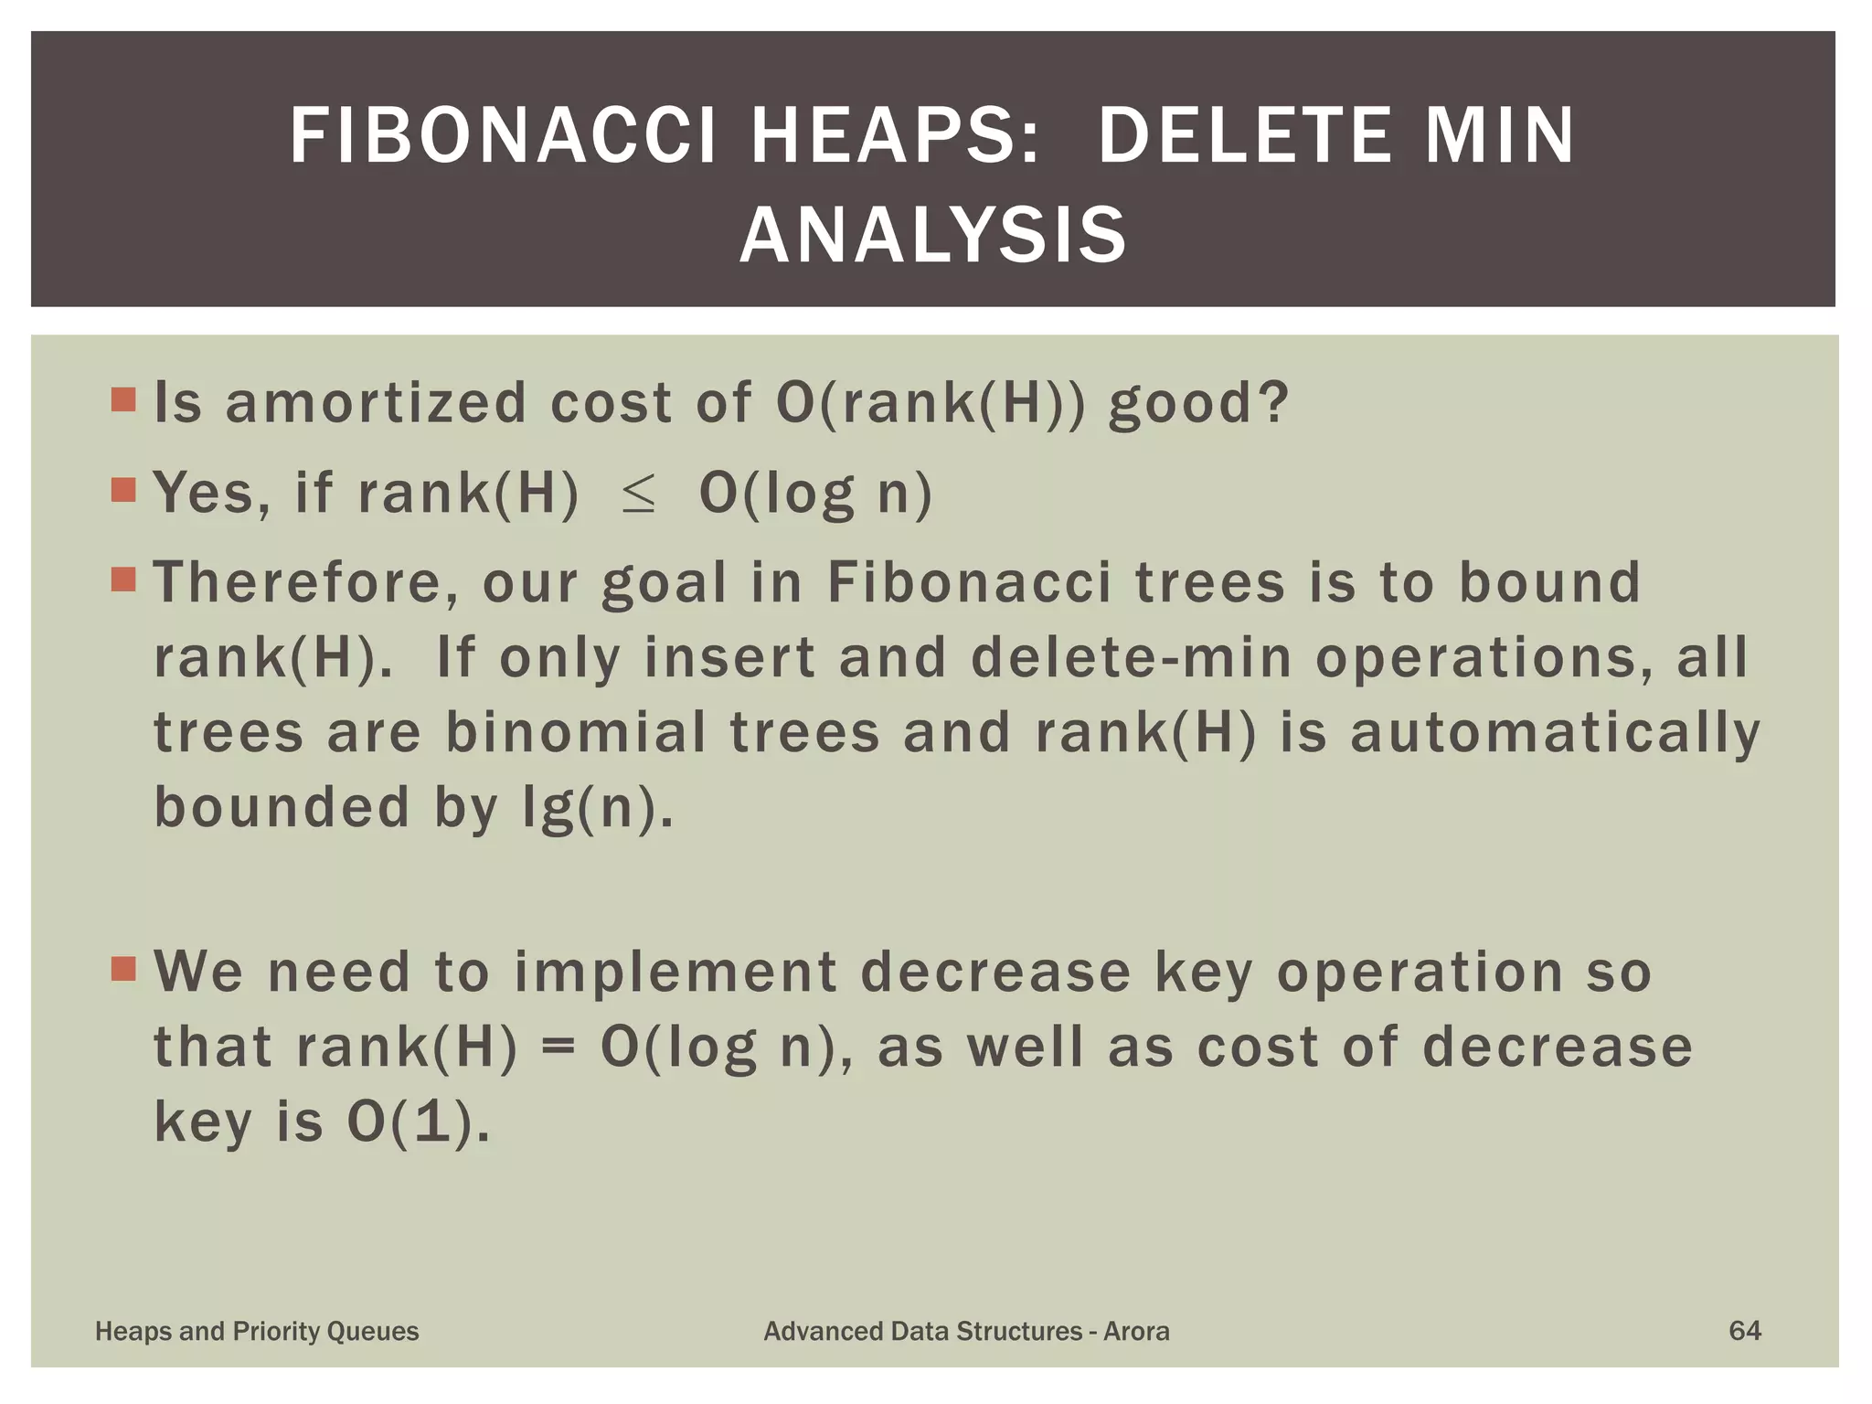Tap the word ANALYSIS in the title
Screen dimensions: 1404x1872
pyautogui.click(x=932, y=236)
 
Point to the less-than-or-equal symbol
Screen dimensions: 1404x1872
pyautogui.click(x=638, y=495)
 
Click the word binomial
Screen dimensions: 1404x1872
pyautogui.click(x=576, y=733)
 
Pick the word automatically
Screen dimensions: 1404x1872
pyautogui.click(x=1555, y=733)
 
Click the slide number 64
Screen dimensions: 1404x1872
pyautogui.click(x=1744, y=1330)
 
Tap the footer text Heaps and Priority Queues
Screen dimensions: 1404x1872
pyautogui.click(x=257, y=1331)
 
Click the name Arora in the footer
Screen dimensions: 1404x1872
pyautogui.click(x=1136, y=1331)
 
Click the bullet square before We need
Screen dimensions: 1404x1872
pyautogui.click(x=123, y=969)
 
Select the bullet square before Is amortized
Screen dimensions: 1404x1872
pyautogui.click(x=123, y=400)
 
